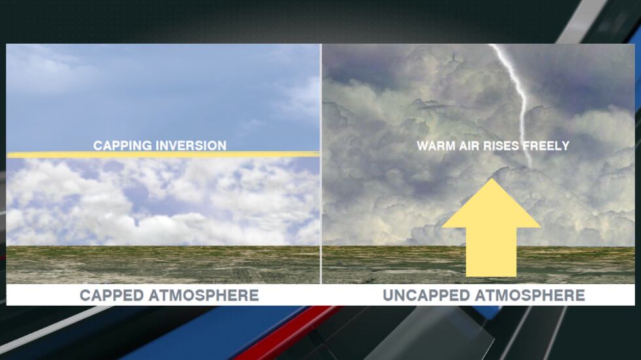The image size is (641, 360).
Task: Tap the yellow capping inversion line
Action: coord(164,154)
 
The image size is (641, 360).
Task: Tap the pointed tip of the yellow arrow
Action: coord(491,181)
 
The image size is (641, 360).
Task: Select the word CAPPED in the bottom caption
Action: coord(112,295)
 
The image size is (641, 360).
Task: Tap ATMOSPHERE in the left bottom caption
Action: coord(204,295)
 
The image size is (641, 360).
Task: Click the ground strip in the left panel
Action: coord(164,265)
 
